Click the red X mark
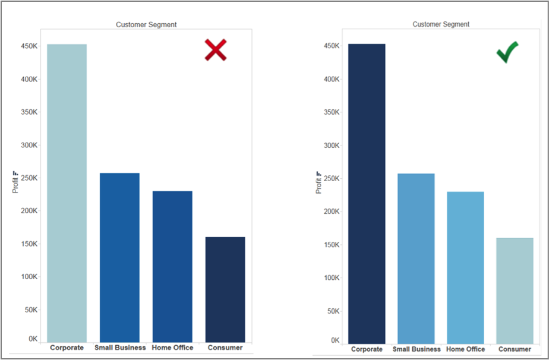(216, 50)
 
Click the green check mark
(507, 52)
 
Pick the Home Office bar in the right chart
(465, 267)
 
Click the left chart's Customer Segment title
(146, 24)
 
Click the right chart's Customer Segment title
(441, 24)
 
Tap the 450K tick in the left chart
(29, 46)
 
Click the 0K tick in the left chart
(33, 339)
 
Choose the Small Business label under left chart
(120, 348)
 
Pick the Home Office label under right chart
(465, 349)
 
